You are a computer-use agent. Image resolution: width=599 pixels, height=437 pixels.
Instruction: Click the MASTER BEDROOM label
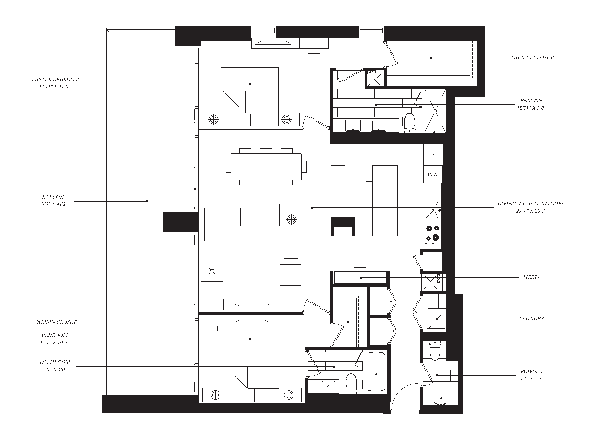pyautogui.click(x=54, y=79)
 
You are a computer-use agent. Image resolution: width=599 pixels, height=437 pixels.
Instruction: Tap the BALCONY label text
pyautogui.click(x=54, y=197)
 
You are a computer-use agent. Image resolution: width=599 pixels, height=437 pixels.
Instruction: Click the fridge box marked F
pyautogui.click(x=433, y=155)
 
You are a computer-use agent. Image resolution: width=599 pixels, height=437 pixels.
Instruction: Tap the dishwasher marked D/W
pyautogui.click(x=433, y=175)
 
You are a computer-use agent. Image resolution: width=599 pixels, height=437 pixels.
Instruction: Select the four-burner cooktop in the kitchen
pyautogui.click(x=432, y=234)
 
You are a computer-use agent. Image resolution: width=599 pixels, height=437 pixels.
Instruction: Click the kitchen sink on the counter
pyautogui.click(x=431, y=210)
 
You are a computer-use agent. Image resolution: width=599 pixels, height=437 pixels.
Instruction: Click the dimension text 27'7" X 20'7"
pyautogui.click(x=531, y=211)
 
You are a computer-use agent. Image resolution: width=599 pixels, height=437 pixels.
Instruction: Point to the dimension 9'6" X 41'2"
pyautogui.click(x=54, y=204)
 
